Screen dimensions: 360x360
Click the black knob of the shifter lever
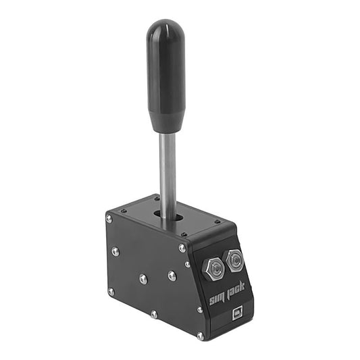166,74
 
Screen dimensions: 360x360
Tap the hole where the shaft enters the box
166,216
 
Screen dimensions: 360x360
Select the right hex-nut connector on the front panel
235,259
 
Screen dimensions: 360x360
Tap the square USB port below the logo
238,313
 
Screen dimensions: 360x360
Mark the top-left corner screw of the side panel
109,218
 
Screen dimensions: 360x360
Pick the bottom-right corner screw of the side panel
200,336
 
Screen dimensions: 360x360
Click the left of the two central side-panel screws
143,278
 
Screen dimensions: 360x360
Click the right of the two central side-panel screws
172,275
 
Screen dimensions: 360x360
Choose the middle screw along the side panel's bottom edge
154,314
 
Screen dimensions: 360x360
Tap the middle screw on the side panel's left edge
115,251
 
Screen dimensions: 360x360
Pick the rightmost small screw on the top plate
217,222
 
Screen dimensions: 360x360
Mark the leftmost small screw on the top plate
124,211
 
